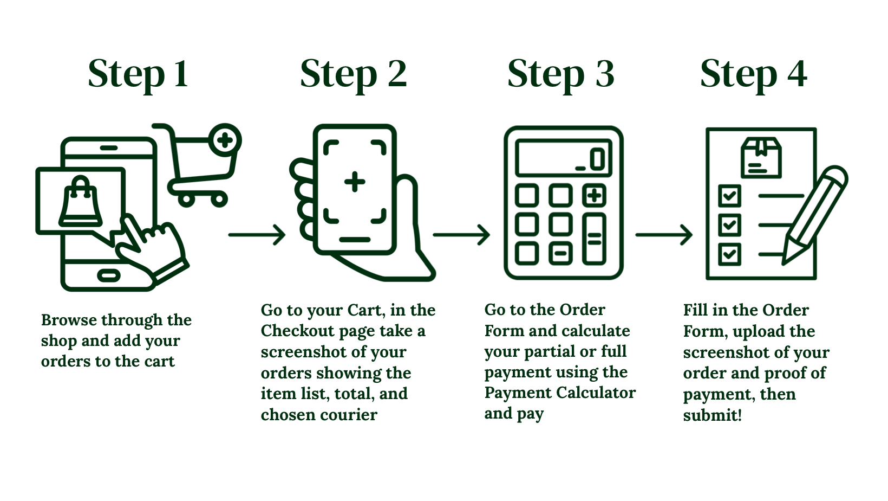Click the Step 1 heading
tap(138, 74)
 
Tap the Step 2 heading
tap(353, 74)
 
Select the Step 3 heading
tap(560, 74)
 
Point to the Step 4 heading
tap(753, 74)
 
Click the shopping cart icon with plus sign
tap(203, 163)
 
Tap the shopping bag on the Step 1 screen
tap(81, 201)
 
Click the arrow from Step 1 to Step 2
tap(257, 235)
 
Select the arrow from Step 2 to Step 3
tap(461, 235)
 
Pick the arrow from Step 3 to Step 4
tap(664, 235)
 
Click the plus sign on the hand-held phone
tap(355, 182)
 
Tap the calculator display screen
tap(563, 158)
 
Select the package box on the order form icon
tap(761, 157)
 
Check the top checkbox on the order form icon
tap(729, 196)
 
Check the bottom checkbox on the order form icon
tap(729, 254)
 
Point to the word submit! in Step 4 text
tap(712, 415)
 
